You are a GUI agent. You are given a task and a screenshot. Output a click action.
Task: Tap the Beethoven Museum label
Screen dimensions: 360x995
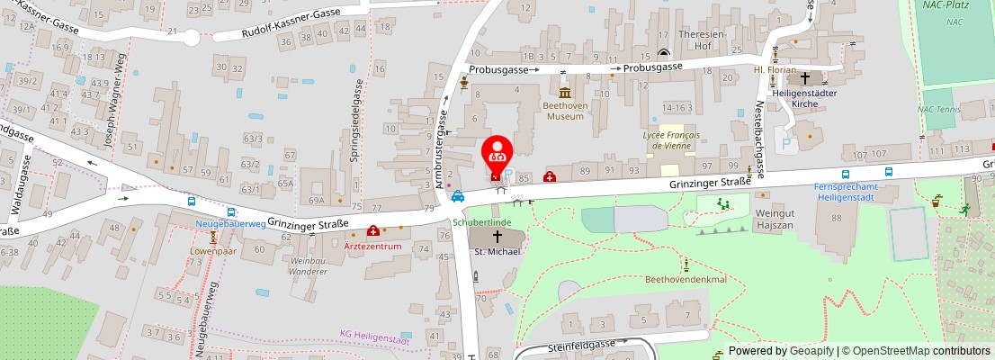(565, 111)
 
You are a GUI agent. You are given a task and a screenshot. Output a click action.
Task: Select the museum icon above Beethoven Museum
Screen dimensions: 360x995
(565, 93)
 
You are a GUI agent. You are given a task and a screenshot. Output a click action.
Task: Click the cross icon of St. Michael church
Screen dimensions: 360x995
(496, 235)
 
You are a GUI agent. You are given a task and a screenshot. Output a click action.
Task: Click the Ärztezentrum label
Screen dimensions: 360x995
(373, 245)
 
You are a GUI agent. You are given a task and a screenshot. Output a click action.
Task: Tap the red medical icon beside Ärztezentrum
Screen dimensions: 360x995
(373, 231)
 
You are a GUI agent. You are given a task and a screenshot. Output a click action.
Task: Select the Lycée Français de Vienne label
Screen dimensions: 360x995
(671, 139)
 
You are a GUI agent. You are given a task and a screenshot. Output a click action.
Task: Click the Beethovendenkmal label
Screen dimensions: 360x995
(686, 279)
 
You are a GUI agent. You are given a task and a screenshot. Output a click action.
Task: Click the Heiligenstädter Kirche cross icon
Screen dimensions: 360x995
(804, 79)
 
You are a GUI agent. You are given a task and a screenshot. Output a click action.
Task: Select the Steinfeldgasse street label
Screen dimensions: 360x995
(580, 345)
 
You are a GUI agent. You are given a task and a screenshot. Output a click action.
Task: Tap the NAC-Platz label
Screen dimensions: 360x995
(944, 5)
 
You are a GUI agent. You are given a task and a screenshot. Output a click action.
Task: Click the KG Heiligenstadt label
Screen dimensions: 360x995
(374, 334)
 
